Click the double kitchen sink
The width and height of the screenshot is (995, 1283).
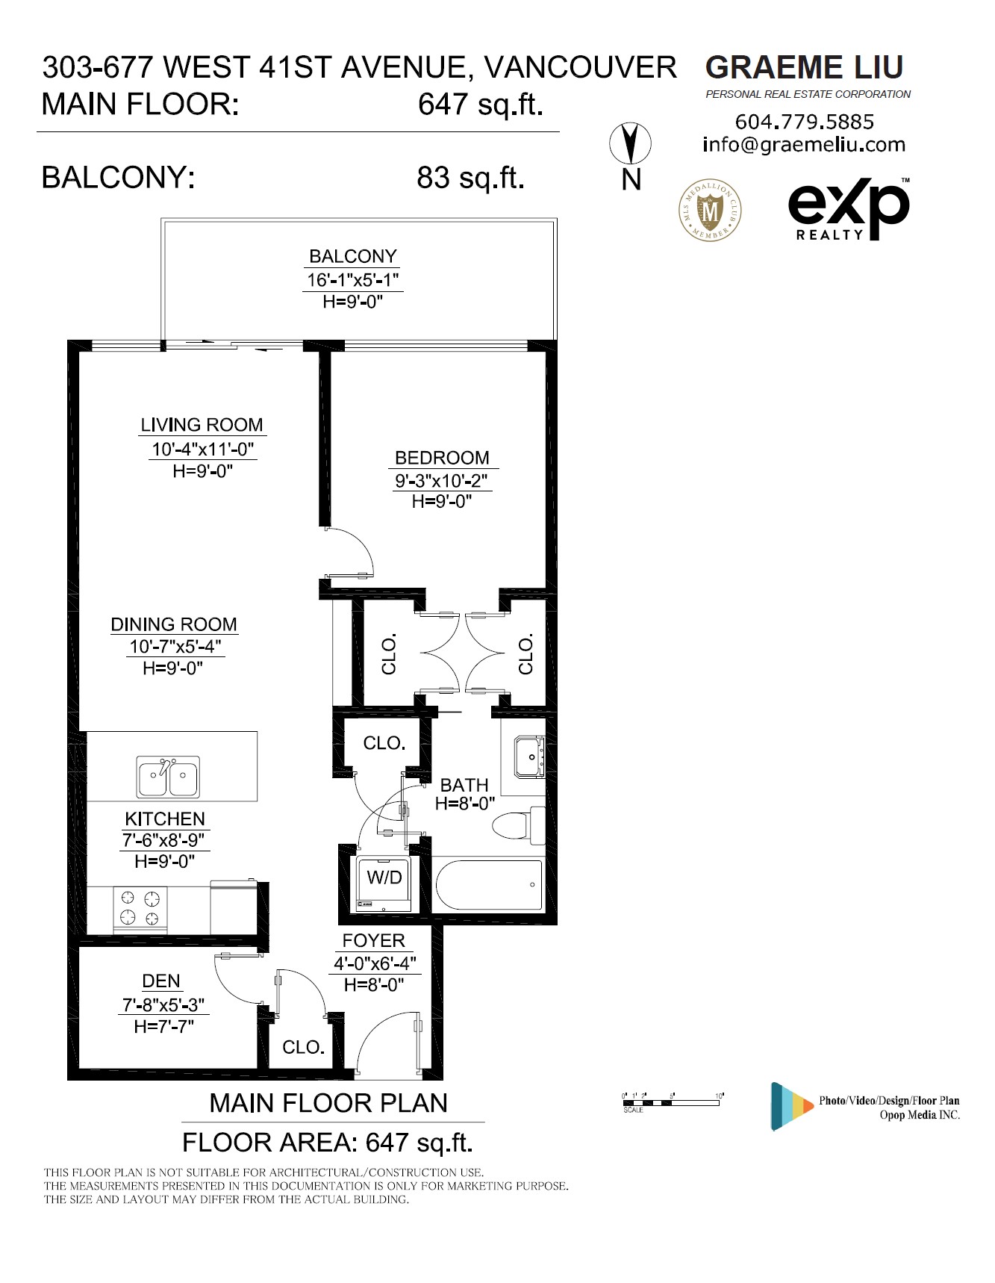[x=168, y=777]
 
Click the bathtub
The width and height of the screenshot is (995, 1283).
[x=489, y=885]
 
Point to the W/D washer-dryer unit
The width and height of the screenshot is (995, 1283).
[x=384, y=884]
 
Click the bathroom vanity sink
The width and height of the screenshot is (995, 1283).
[x=529, y=757]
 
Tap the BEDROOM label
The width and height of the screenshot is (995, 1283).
[x=442, y=458]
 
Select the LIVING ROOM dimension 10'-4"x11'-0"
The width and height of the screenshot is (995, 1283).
[x=203, y=450]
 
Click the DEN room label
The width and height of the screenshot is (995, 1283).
[x=161, y=981]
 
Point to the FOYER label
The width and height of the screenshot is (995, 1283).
[x=374, y=941]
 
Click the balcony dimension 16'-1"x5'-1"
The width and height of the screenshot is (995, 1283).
[x=353, y=280]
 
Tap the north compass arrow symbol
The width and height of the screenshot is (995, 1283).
[x=631, y=143]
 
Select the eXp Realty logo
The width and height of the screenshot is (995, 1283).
[x=849, y=209]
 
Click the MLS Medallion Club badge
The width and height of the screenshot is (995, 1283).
[x=710, y=210]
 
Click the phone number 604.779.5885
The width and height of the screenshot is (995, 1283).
[x=805, y=122]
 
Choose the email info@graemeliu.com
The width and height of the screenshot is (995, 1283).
[x=804, y=145]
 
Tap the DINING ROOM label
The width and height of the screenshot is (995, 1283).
[x=174, y=624]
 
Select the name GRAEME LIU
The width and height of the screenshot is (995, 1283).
[x=805, y=67]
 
